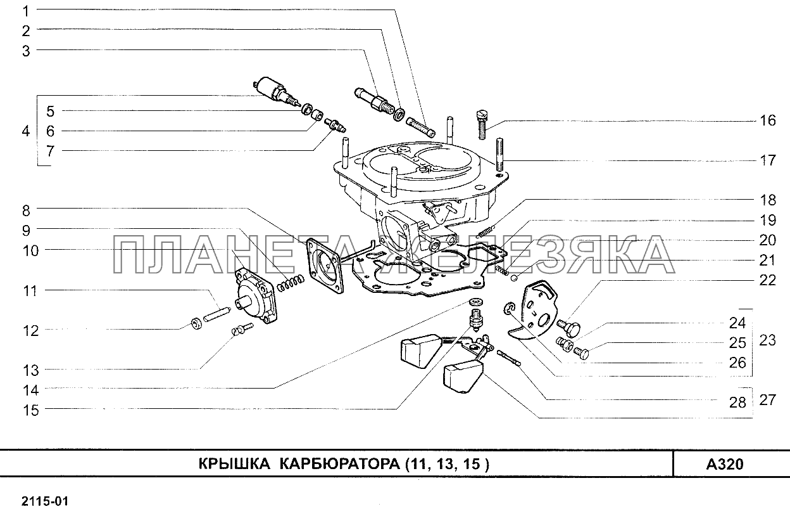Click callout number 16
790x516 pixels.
767,120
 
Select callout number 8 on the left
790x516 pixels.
27,210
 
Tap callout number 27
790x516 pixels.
767,400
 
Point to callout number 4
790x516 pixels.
26,131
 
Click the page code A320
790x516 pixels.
725,464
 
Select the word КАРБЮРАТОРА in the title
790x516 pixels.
340,464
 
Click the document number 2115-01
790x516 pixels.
45,501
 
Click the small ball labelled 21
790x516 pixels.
514,278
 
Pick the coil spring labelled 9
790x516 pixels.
291,283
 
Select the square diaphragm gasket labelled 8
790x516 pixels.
325,266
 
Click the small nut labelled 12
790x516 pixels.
196,323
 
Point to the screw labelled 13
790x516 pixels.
242,329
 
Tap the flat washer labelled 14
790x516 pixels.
476,302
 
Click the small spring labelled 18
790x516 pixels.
486,231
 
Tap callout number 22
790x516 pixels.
767,280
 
